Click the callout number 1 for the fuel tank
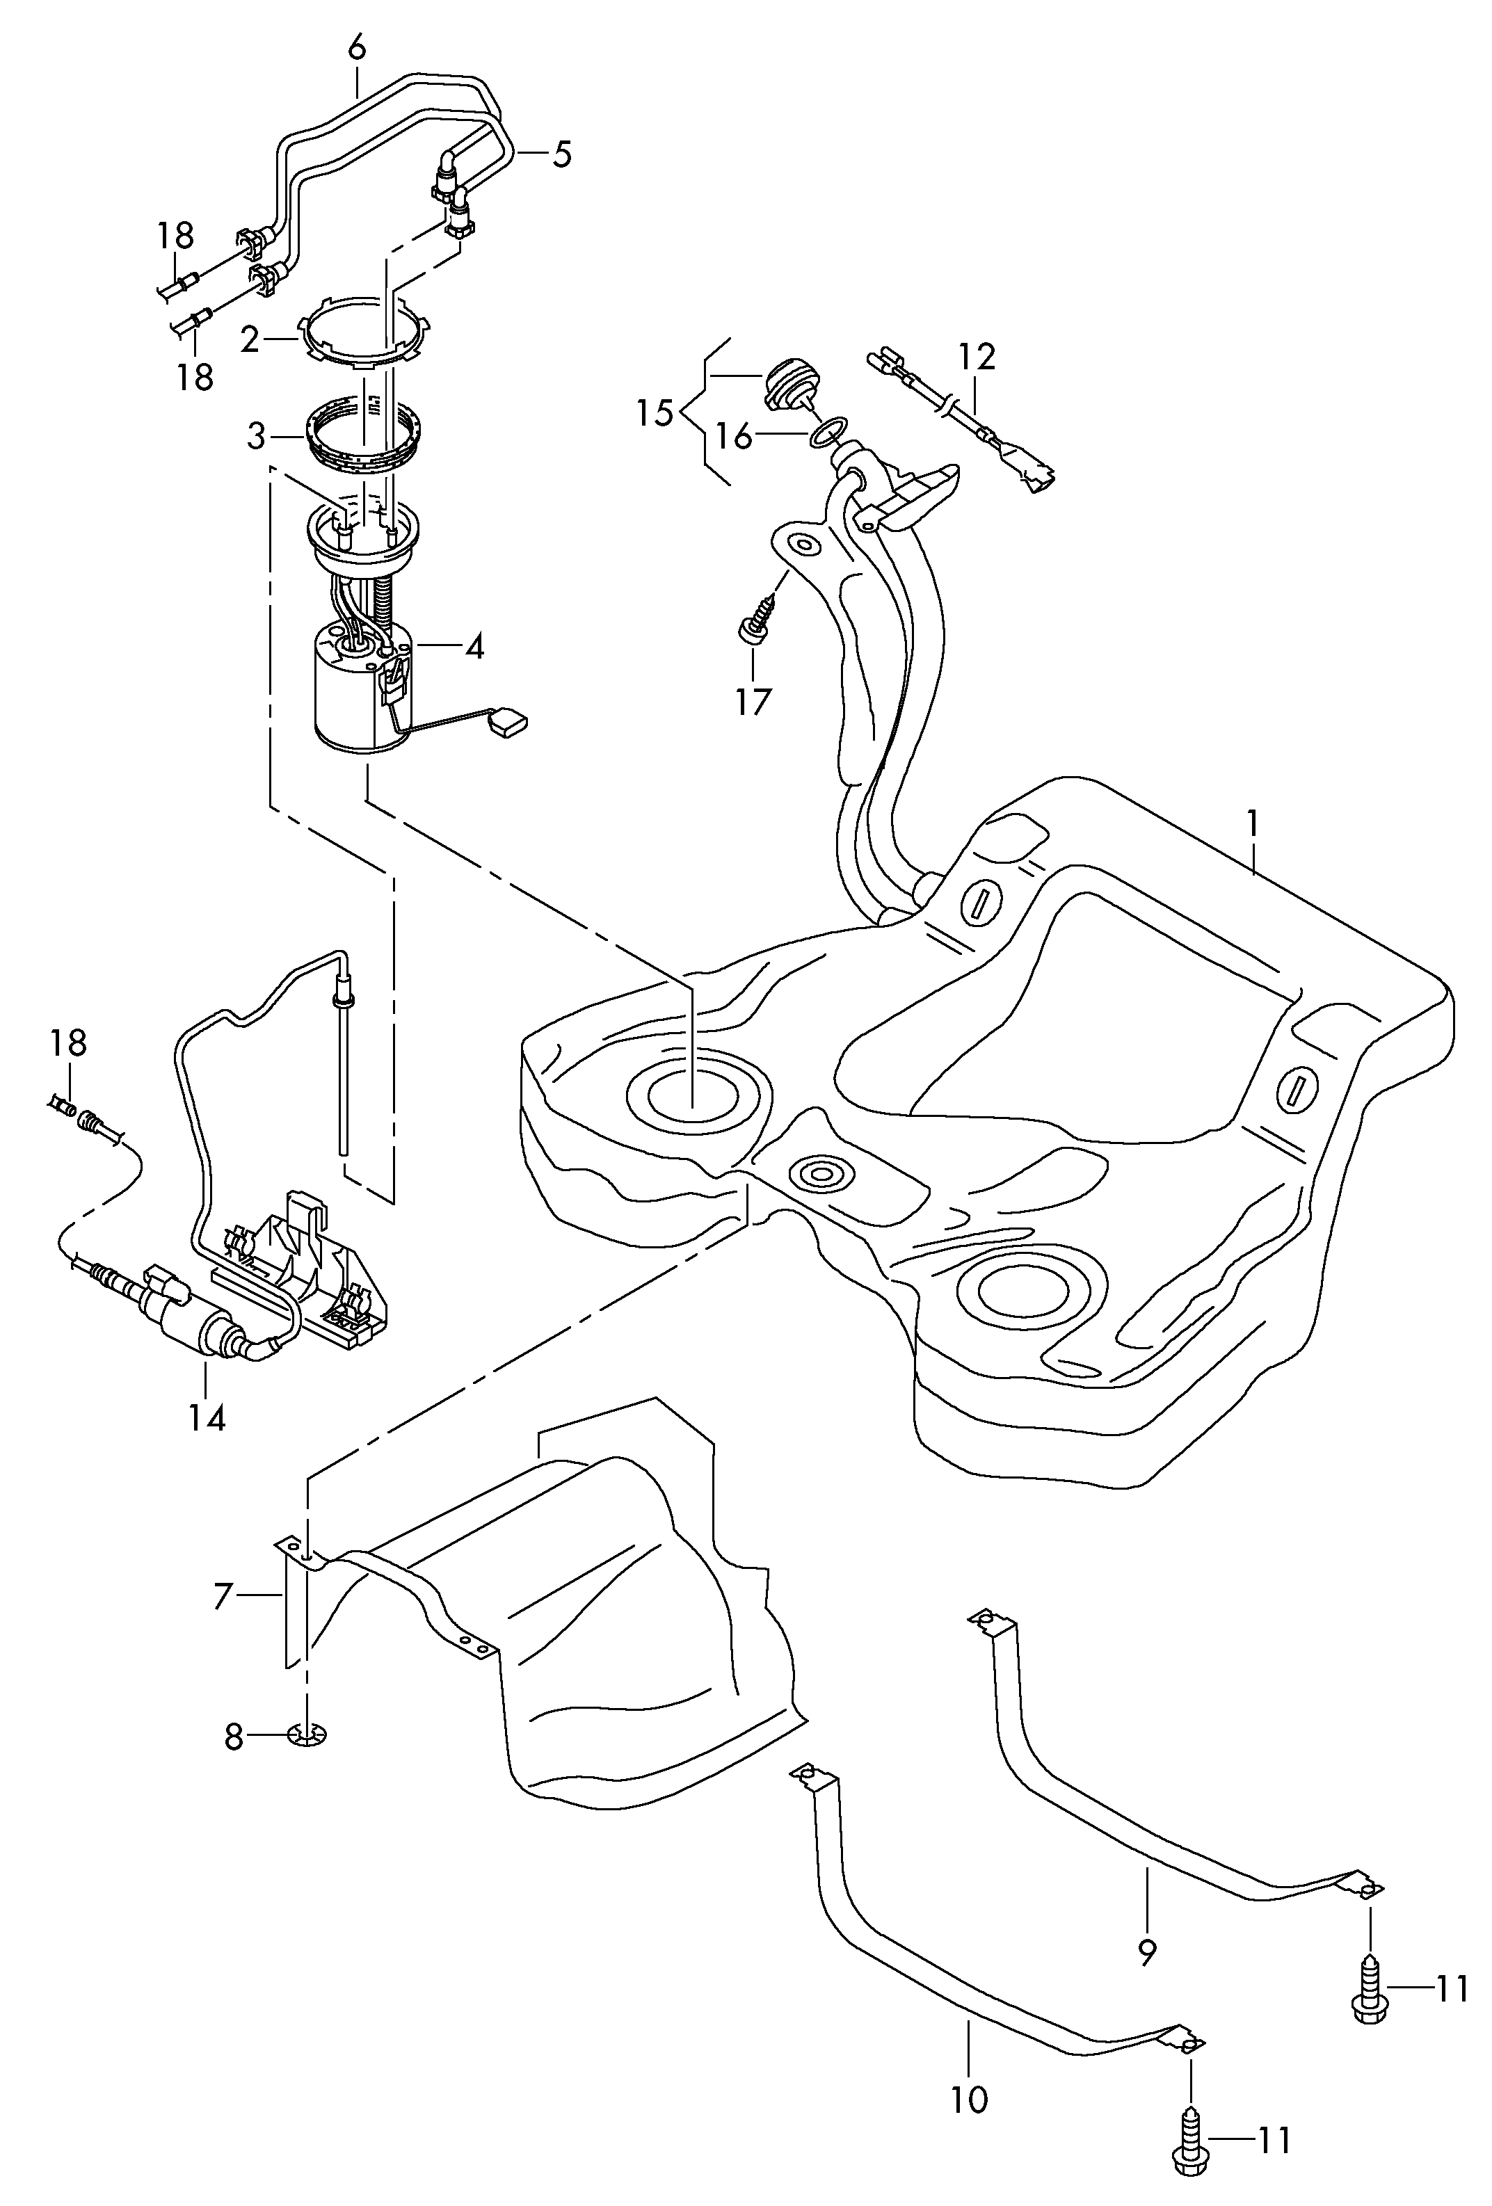point(1252,824)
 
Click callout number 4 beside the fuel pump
point(474,647)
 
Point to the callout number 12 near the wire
point(977,357)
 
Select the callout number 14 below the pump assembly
point(207,1444)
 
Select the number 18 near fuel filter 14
point(68,1043)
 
